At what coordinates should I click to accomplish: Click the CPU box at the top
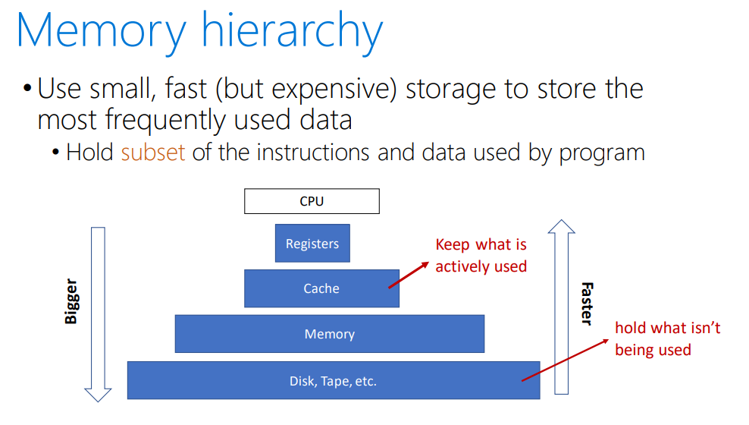pyautogui.click(x=312, y=202)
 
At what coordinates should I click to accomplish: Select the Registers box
pyautogui.click(x=312, y=244)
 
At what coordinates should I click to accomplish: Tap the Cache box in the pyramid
pyautogui.click(x=321, y=288)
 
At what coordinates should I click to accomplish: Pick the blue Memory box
pyautogui.click(x=329, y=334)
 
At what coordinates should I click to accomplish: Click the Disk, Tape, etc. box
pyautogui.click(x=333, y=381)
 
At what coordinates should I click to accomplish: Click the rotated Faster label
pyautogui.click(x=586, y=304)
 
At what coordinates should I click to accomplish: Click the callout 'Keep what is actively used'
pyautogui.click(x=481, y=256)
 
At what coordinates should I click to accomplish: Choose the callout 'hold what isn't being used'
pyautogui.click(x=667, y=338)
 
